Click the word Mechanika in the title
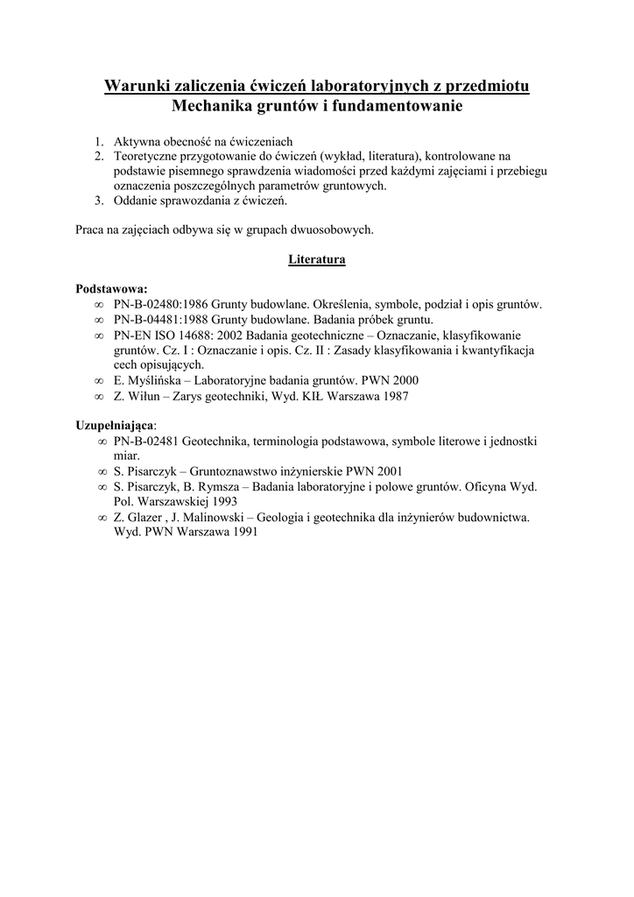215,107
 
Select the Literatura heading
317,259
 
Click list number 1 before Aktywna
98,141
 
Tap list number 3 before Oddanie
98,201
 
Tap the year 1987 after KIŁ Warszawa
392,395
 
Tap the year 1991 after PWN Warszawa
239,533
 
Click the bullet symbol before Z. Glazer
103,518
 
